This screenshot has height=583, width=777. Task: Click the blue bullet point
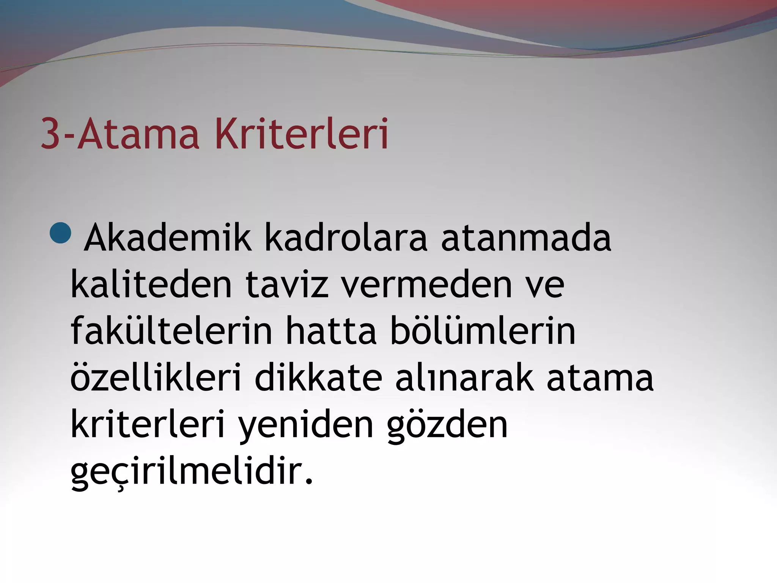click(60, 232)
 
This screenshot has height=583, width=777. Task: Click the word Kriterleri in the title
click(302, 134)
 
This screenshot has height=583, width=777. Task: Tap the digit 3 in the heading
click(51, 134)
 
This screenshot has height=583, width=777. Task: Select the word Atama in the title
click(138, 134)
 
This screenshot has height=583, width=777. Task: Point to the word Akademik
click(167, 238)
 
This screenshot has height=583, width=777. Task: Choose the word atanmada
click(526, 238)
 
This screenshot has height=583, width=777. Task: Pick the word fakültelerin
click(171, 331)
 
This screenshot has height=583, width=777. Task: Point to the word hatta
click(331, 331)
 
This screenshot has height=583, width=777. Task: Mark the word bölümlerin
click(483, 331)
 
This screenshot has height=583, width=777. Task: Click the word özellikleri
click(156, 378)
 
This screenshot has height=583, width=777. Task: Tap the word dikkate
click(318, 378)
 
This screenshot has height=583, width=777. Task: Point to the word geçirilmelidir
click(192, 472)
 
